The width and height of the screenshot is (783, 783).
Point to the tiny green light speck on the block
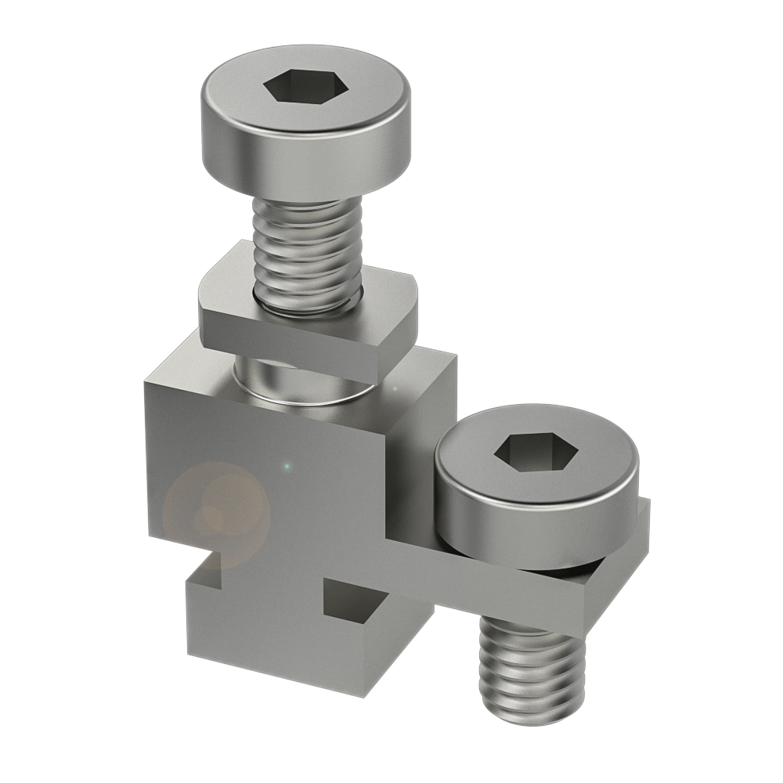(287, 467)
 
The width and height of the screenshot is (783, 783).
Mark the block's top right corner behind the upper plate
(453, 362)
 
